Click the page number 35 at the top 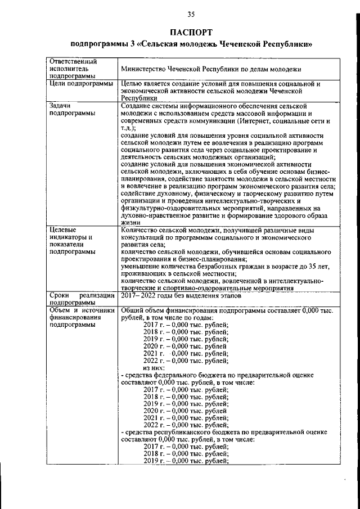pos(191,15)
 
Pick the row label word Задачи pos(61,105)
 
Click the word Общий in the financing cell pos(132,310)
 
